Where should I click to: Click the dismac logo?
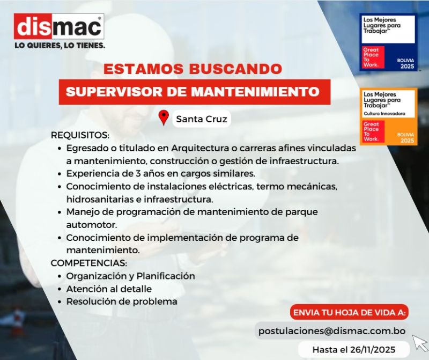[x=59, y=26]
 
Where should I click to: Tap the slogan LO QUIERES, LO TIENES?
[x=60, y=46]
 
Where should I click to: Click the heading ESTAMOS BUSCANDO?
[x=193, y=69]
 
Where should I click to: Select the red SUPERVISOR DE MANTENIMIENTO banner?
[x=195, y=92]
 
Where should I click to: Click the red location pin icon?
[x=164, y=117]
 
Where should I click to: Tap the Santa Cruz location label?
[x=202, y=119]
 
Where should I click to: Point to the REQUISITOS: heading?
[x=80, y=135]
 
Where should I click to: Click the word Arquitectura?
[x=200, y=149]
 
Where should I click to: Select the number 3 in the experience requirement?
[x=138, y=174]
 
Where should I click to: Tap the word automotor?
[x=92, y=225]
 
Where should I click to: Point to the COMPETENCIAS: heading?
[x=89, y=263]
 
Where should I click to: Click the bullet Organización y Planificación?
[x=130, y=276]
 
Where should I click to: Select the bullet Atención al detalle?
[x=109, y=289]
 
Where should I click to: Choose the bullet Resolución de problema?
[x=122, y=302]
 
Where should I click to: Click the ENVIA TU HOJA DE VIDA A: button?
[x=350, y=312]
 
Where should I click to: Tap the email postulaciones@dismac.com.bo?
[x=332, y=331]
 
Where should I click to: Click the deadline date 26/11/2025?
[x=373, y=350]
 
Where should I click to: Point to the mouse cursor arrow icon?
[x=419, y=342]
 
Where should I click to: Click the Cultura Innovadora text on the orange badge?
[x=384, y=114]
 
